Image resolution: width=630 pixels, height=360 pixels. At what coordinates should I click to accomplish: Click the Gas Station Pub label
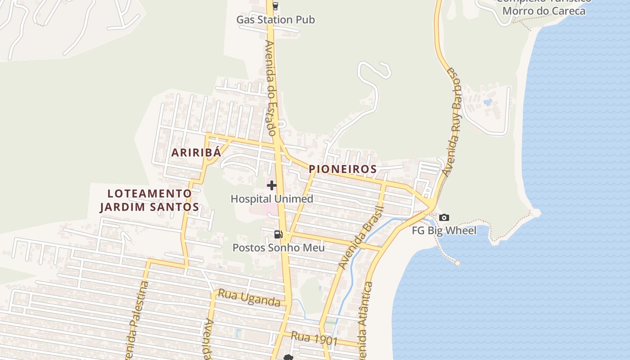click(275, 20)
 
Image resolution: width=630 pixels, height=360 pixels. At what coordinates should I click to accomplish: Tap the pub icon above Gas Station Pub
click(275, 6)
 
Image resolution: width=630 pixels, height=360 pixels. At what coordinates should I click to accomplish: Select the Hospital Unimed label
click(272, 199)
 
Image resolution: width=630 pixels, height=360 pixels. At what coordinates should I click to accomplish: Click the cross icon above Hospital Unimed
click(271, 185)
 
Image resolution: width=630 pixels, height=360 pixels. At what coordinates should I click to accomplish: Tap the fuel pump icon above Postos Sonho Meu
click(278, 234)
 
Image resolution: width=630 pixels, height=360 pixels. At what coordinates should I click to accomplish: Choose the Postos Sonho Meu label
click(279, 247)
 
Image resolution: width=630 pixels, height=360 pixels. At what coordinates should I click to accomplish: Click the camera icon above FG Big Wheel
click(444, 217)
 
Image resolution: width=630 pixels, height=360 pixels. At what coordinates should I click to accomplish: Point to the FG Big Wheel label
click(444, 231)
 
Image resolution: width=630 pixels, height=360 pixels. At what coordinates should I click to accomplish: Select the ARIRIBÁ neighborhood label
click(196, 153)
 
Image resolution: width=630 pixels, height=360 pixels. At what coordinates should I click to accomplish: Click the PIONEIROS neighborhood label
click(342, 169)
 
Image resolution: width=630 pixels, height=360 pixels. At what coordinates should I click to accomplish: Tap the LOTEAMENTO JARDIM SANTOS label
click(149, 200)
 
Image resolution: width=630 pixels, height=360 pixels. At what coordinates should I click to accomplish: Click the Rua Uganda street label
click(249, 298)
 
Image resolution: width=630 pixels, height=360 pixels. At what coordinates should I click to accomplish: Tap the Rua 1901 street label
click(314, 338)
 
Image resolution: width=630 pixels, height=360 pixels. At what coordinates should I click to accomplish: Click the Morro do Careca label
click(544, 11)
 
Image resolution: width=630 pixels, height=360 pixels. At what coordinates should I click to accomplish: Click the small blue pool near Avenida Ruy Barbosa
click(488, 102)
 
